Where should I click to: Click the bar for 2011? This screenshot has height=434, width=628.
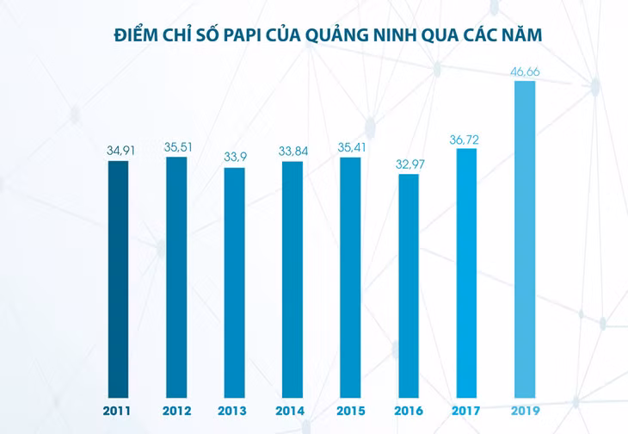pyautogui.click(x=118, y=279)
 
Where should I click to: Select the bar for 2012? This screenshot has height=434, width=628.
pyautogui.click(x=176, y=277)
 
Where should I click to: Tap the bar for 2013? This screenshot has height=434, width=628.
pyautogui.click(x=234, y=282)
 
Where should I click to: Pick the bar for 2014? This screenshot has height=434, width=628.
pyautogui.click(x=292, y=280)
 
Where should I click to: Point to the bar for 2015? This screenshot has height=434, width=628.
pyautogui.click(x=350, y=277)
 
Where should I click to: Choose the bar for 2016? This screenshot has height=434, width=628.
pyautogui.click(x=409, y=286)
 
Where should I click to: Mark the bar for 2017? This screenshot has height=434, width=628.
pyautogui.click(x=466, y=273)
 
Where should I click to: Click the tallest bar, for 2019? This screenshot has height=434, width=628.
pyautogui.click(x=525, y=239)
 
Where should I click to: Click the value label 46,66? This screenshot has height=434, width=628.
pyautogui.click(x=525, y=71)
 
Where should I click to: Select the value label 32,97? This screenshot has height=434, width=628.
pyautogui.click(x=410, y=164)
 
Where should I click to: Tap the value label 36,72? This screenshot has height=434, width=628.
pyautogui.click(x=465, y=139)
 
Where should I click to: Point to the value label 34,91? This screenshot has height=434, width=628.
pyautogui.click(x=120, y=151)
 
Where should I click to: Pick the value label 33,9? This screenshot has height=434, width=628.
pyautogui.click(x=235, y=157)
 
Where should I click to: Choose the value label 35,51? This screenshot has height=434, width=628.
pyautogui.click(x=178, y=147)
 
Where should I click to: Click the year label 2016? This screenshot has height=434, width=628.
pyautogui.click(x=409, y=411)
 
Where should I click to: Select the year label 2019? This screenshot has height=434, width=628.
pyautogui.click(x=526, y=411)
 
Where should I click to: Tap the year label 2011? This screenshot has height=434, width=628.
pyautogui.click(x=116, y=411)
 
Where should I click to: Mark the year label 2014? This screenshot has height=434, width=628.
pyautogui.click(x=290, y=411)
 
